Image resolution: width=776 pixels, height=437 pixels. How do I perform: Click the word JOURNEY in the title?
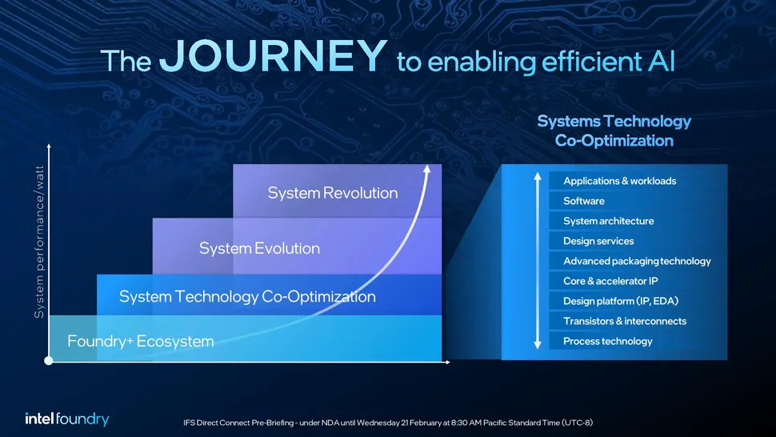[x=273, y=55]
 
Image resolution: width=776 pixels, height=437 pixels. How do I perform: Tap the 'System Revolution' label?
[x=333, y=193]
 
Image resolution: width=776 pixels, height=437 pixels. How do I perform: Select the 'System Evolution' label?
[x=259, y=248]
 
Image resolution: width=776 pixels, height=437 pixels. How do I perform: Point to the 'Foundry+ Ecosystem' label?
[x=141, y=341]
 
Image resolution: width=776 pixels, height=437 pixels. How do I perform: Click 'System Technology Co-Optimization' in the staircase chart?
[x=247, y=296]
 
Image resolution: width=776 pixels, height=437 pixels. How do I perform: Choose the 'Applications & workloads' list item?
[x=620, y=181]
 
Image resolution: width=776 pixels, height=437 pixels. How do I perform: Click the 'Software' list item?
[x=583, y=201]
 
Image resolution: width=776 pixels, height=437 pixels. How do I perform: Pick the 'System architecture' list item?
[x=608, y=221]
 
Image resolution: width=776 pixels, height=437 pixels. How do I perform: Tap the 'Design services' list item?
[x=598, y=241]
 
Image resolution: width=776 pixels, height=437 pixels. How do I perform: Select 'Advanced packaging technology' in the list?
[x=637, y=261]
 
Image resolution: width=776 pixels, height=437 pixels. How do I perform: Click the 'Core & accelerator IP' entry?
[x=610, y=281]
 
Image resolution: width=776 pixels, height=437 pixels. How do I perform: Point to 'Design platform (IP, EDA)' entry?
[x=621, y=301]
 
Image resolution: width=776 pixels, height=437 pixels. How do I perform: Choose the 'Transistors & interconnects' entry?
[x=625, y=321]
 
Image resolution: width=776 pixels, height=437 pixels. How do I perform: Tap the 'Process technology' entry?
[x=608, y=341]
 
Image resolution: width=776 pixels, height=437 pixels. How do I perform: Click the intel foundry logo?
[x=67, y=419]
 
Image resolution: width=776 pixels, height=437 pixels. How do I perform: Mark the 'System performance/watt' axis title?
[x=39, y=242]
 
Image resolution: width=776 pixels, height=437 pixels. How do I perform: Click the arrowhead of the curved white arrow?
[x=427, y=169]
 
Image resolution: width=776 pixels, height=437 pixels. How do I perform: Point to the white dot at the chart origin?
[x=49, y=361]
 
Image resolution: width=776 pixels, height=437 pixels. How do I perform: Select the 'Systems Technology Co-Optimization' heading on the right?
[x=614, y=130]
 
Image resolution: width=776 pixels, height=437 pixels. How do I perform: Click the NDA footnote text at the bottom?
[x=388, y=423]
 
